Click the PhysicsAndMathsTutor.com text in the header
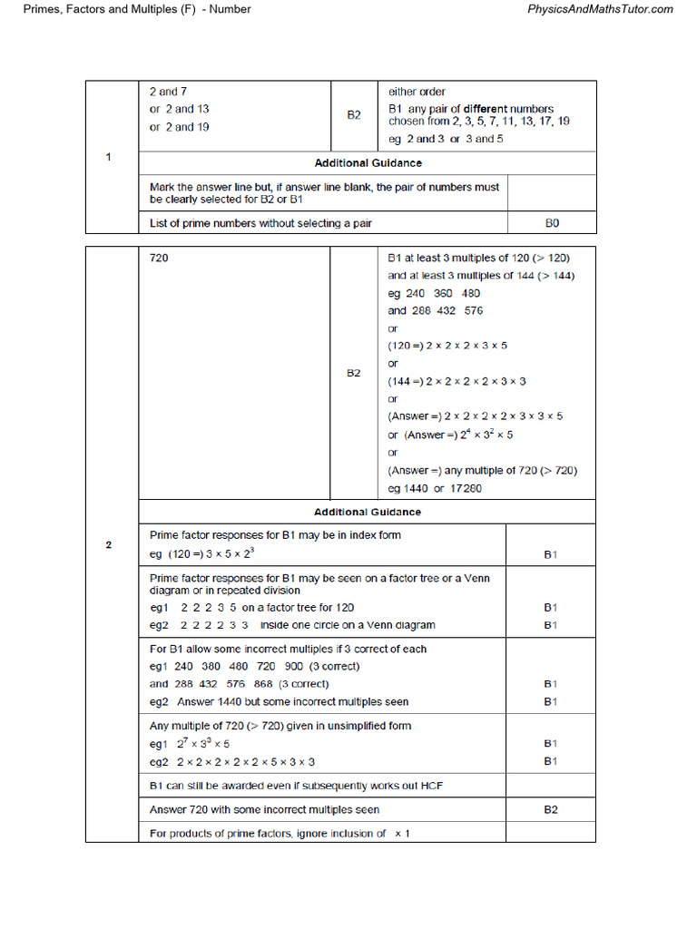600,9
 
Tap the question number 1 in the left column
109,158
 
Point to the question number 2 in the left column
109,545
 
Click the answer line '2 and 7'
169,92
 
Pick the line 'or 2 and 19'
180,127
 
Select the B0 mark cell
551,223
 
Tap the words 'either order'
417,92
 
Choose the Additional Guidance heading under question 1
368,163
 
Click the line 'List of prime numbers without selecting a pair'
260,223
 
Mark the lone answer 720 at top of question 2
159,258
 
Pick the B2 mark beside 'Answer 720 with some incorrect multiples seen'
551,809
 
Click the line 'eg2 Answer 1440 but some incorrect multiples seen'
279,701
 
